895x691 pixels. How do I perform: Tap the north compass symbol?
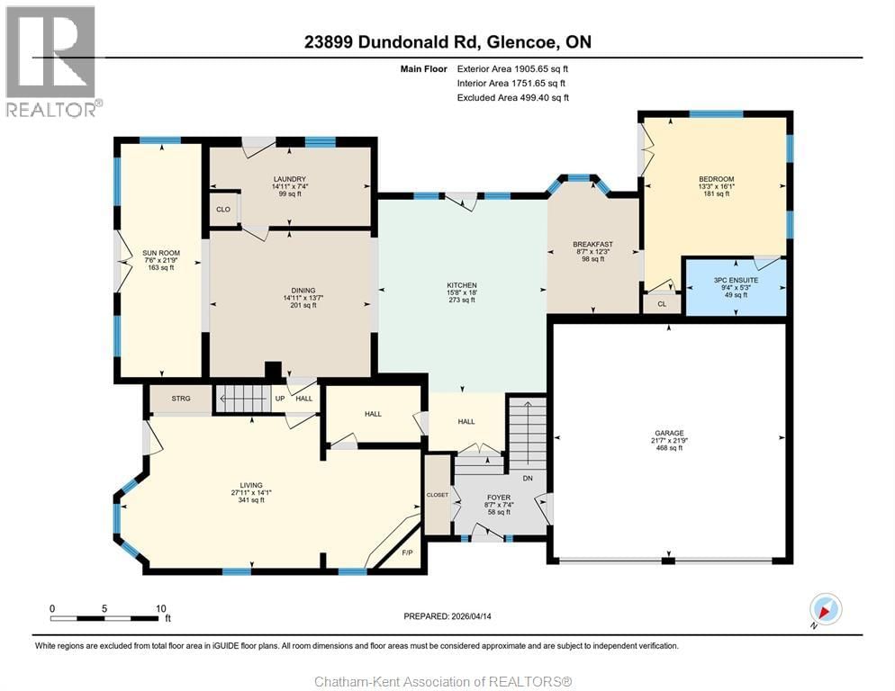pos(825,609)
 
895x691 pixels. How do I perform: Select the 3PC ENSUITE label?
pos(736,280)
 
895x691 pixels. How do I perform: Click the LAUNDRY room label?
pos(290,179)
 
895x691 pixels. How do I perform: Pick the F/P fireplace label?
pos(406,552)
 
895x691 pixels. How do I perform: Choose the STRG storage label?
pos(181,398)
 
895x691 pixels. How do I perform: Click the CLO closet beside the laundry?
pos(223,210)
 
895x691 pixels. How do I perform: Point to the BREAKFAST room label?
pos(592,245)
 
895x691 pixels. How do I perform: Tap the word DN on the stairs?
pos(528,478)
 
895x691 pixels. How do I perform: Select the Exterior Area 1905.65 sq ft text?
pos(512,68)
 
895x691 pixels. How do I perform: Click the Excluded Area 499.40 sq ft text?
pos(512,97)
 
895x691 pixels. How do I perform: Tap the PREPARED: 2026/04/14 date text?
pos(447,616)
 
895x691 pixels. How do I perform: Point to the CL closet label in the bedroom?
pos(662,304)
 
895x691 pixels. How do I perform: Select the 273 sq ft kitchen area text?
pos(462,301)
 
